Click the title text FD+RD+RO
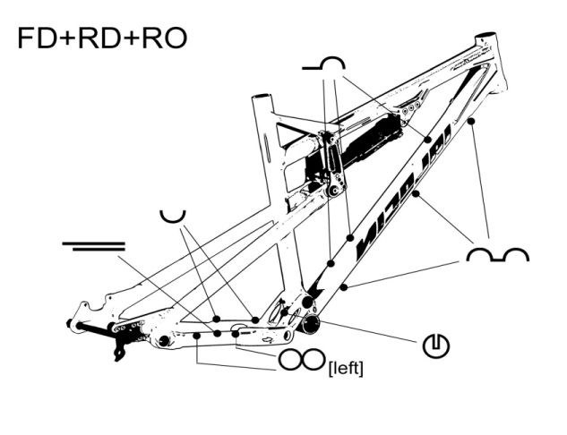[x=101, y=38]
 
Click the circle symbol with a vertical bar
[x=434, y=345]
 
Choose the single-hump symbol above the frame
[x=323, y=64]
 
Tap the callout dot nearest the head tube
[x=470, y=120]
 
